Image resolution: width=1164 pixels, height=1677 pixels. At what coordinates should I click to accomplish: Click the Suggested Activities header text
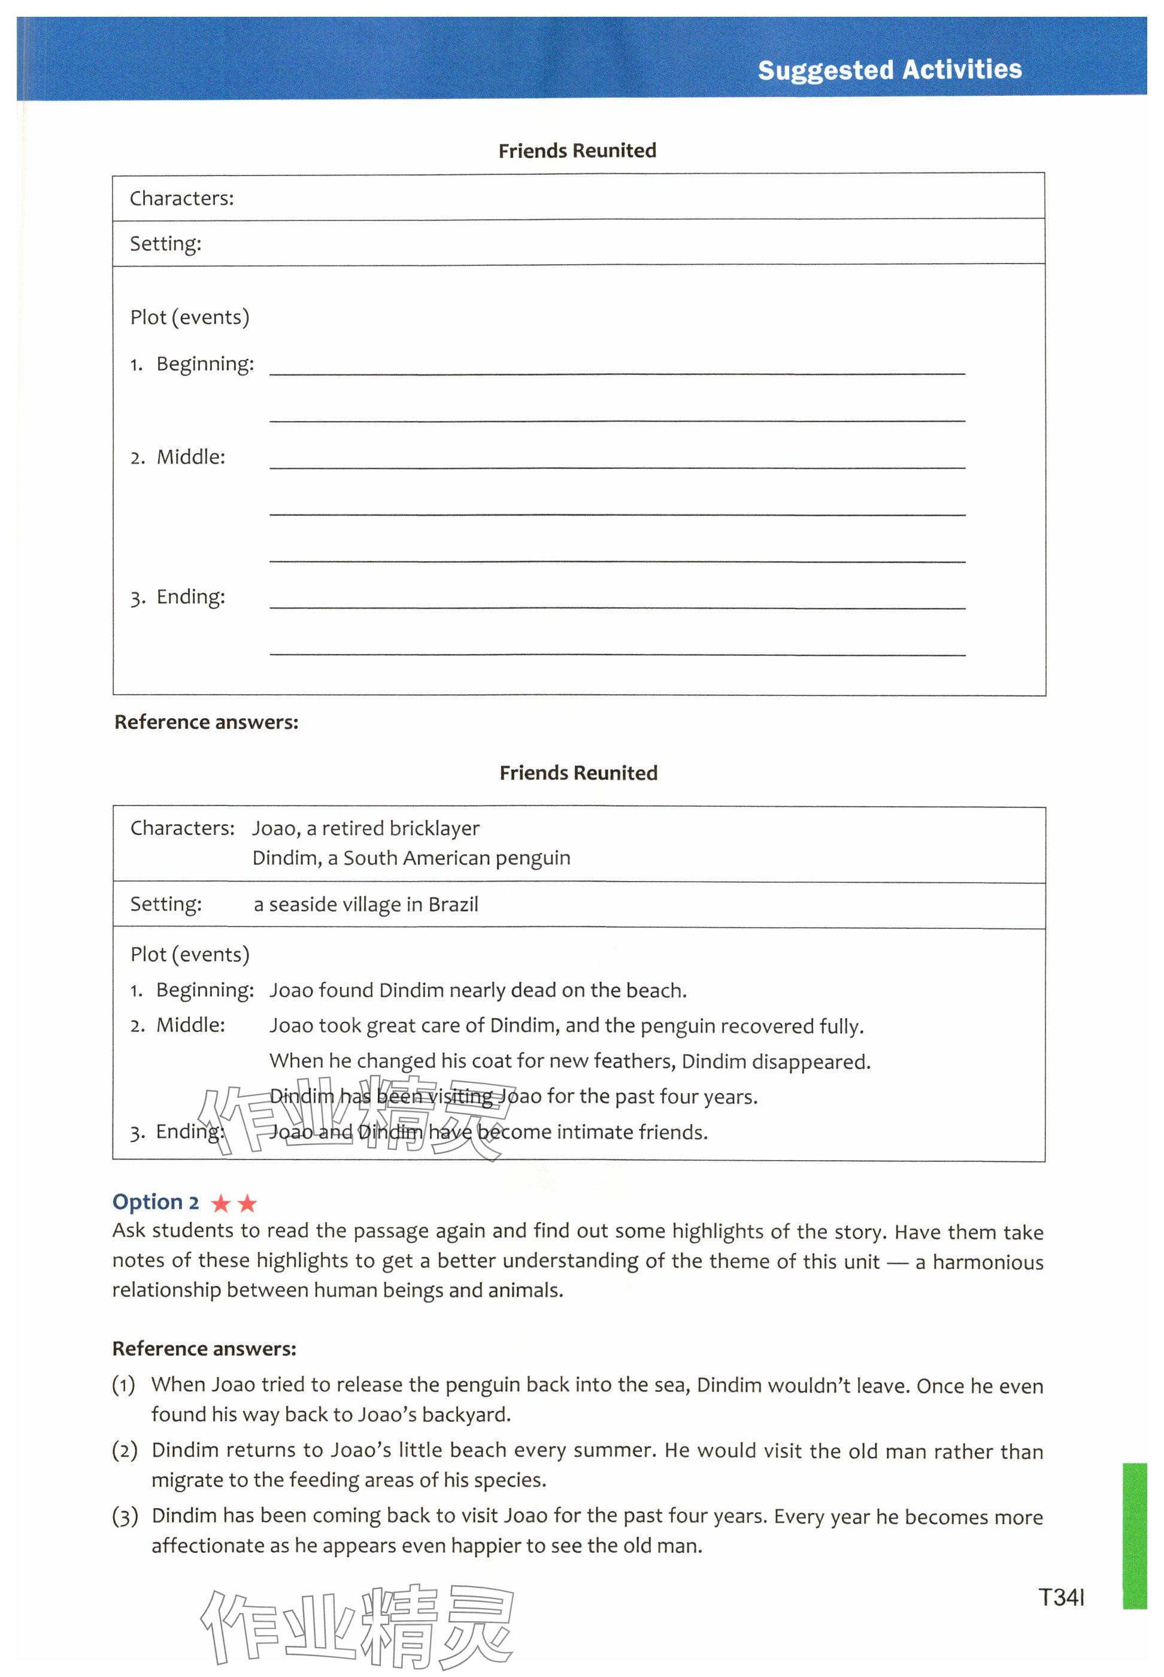pos(889,70)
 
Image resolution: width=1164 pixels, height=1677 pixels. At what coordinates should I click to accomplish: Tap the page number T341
pos(1061,1597)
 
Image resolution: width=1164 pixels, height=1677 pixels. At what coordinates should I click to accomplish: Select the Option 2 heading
pos(155,1201)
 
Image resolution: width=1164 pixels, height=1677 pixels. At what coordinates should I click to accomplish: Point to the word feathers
pos(633,1061)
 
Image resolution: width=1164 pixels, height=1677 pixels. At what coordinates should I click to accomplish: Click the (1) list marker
pos(124,1385)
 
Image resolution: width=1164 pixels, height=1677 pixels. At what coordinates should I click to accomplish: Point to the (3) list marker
pos(124,1517)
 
